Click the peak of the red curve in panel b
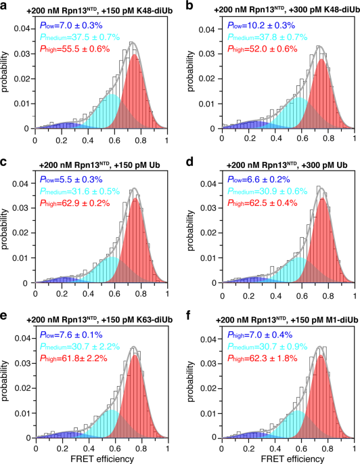coord(321,60)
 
